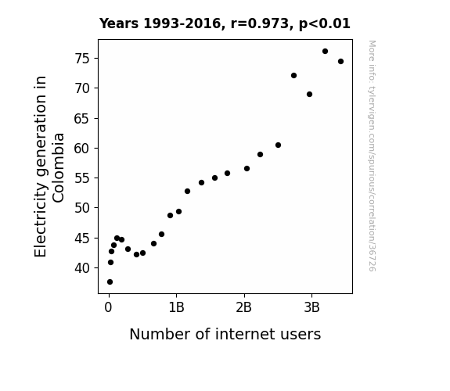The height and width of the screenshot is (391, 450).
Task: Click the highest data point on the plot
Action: (325, 52)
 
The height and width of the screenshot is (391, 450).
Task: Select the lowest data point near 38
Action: (110, 282)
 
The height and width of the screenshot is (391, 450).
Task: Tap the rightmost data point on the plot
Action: (340, 62)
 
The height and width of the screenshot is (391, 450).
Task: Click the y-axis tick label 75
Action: (82, 59)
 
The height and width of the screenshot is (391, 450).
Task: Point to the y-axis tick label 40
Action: (82, 268)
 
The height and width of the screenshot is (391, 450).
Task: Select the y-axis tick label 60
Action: (82, 149)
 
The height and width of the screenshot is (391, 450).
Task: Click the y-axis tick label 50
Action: (82, 208)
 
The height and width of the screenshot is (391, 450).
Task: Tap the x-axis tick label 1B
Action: (177, 308)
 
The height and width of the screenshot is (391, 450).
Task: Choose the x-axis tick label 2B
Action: (244, 308)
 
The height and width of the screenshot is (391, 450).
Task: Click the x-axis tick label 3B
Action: (311, 308)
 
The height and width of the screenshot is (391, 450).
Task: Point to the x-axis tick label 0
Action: (108, 308)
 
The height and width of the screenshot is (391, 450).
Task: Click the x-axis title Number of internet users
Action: (225, 334)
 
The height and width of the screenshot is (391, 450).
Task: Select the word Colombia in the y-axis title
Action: (58, 168)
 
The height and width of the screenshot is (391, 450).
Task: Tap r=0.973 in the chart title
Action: (260, 23)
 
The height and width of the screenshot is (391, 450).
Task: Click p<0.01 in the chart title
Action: (325, 24)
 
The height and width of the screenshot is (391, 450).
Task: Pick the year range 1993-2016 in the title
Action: (182, 23)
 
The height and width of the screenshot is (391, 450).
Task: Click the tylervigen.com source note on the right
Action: (372, 156)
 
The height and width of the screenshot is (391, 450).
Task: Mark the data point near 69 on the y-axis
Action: (309, 95)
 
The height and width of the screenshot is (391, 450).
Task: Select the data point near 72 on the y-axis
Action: (293, 75)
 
